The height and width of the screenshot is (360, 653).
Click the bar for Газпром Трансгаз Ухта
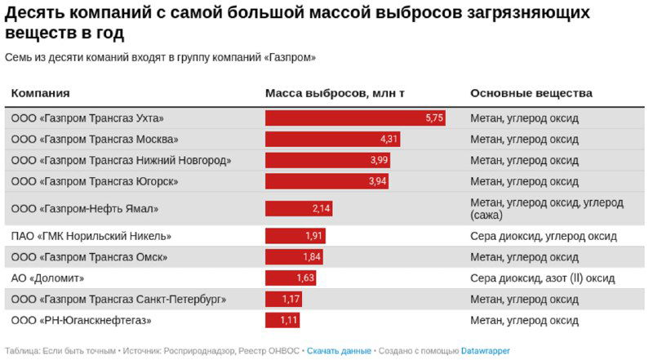355,118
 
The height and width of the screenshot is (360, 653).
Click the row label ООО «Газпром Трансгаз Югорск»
95,181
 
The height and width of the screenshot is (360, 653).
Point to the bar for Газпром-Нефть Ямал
299,209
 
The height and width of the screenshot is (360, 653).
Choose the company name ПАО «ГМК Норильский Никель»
91,237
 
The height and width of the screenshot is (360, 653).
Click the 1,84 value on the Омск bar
312,257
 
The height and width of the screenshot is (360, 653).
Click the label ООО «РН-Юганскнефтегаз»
82,320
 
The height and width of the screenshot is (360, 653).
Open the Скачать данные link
340,351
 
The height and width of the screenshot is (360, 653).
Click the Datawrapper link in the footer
486,351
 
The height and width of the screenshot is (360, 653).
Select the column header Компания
40,93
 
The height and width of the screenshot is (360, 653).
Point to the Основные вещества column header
531,93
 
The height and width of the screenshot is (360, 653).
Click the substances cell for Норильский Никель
544,237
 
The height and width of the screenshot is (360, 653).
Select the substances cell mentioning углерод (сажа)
547,209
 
